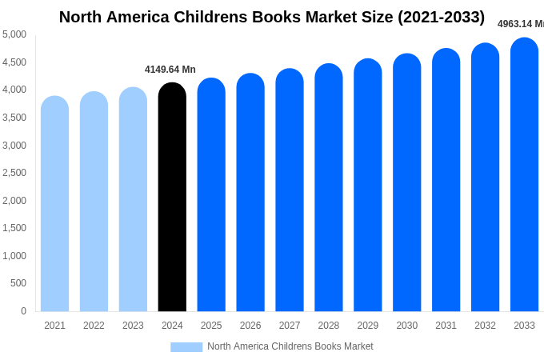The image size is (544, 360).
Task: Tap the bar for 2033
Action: (x=524, y=176)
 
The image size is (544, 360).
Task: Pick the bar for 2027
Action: (x=290, y=192)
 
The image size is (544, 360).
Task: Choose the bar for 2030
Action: (x=406, y=184)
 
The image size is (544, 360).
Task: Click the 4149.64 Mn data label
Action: (x=170, y=70)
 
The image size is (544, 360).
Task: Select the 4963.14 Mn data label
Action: (x=520, y=24)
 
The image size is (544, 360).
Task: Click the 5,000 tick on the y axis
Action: (x=14, y=34)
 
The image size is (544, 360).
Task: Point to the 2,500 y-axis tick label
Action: (x=14, y=173)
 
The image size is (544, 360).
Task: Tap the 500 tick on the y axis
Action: (x=18, y=283)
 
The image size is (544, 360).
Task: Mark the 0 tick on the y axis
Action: (x=23, y=311)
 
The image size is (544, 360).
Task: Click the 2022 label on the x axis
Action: (x=94, y=326)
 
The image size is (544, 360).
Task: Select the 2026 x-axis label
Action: (x=250, y=326)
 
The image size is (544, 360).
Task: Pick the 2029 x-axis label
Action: (x=368, y=326)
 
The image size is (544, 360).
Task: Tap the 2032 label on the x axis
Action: (x=485, y=326)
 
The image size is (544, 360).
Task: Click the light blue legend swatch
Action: (x=186, y=347)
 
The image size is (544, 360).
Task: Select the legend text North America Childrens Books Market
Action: (x=290, y=346)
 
